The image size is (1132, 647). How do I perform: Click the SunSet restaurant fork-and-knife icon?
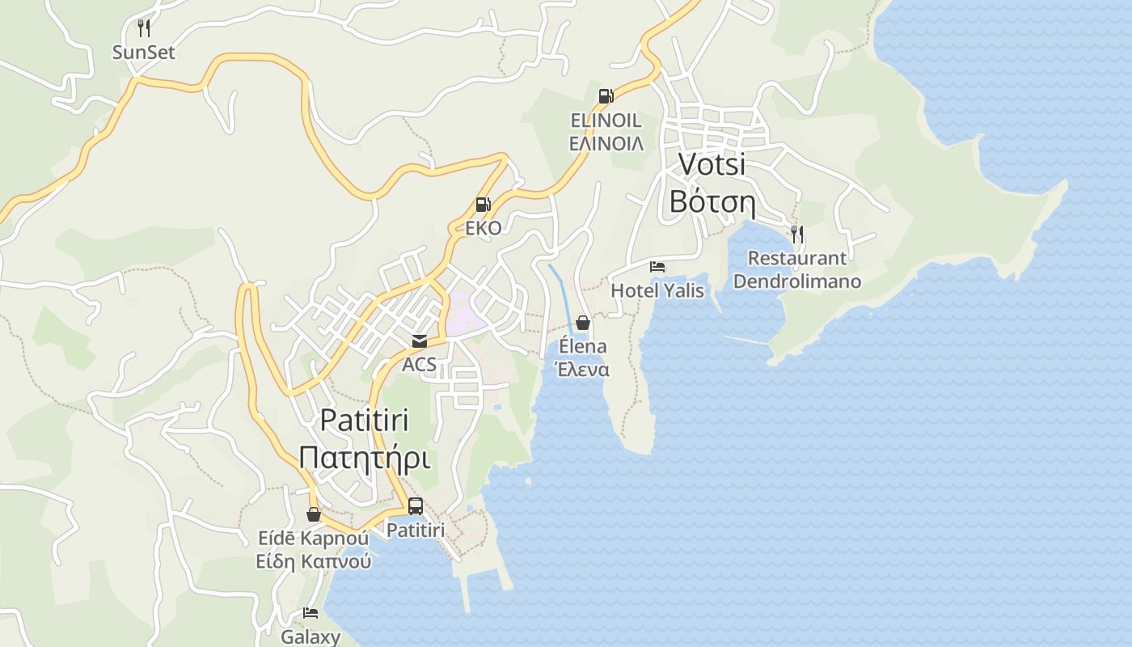(144, 28)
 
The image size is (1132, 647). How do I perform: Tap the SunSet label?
(144, 53)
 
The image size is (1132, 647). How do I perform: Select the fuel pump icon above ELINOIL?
(606, 96)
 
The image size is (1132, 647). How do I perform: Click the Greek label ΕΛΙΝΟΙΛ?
(606, 144)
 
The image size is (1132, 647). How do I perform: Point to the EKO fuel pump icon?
(483, 205)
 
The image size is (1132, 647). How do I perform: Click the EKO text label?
(483, 228)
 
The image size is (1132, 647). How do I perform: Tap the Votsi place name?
(712, 163)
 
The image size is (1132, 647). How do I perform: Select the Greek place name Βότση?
(712, 202)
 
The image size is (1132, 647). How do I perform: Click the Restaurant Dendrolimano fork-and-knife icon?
(797, 235)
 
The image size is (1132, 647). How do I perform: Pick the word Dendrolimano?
(797, 282)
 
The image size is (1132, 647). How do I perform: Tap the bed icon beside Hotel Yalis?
(657, 267)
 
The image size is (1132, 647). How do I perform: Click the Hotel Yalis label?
(657, 290)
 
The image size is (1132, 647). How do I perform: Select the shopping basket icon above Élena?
(583, 323)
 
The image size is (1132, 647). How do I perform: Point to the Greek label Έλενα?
(581, 370)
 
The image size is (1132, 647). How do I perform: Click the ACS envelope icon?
(419, 341)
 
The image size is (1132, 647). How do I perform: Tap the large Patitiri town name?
(364, 421)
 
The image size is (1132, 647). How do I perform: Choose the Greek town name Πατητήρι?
(364, 459)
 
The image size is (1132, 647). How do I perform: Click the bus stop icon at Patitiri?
(416, 506)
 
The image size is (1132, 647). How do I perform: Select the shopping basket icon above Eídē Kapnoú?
(314, 514)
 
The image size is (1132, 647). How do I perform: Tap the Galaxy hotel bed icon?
(310, 613)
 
